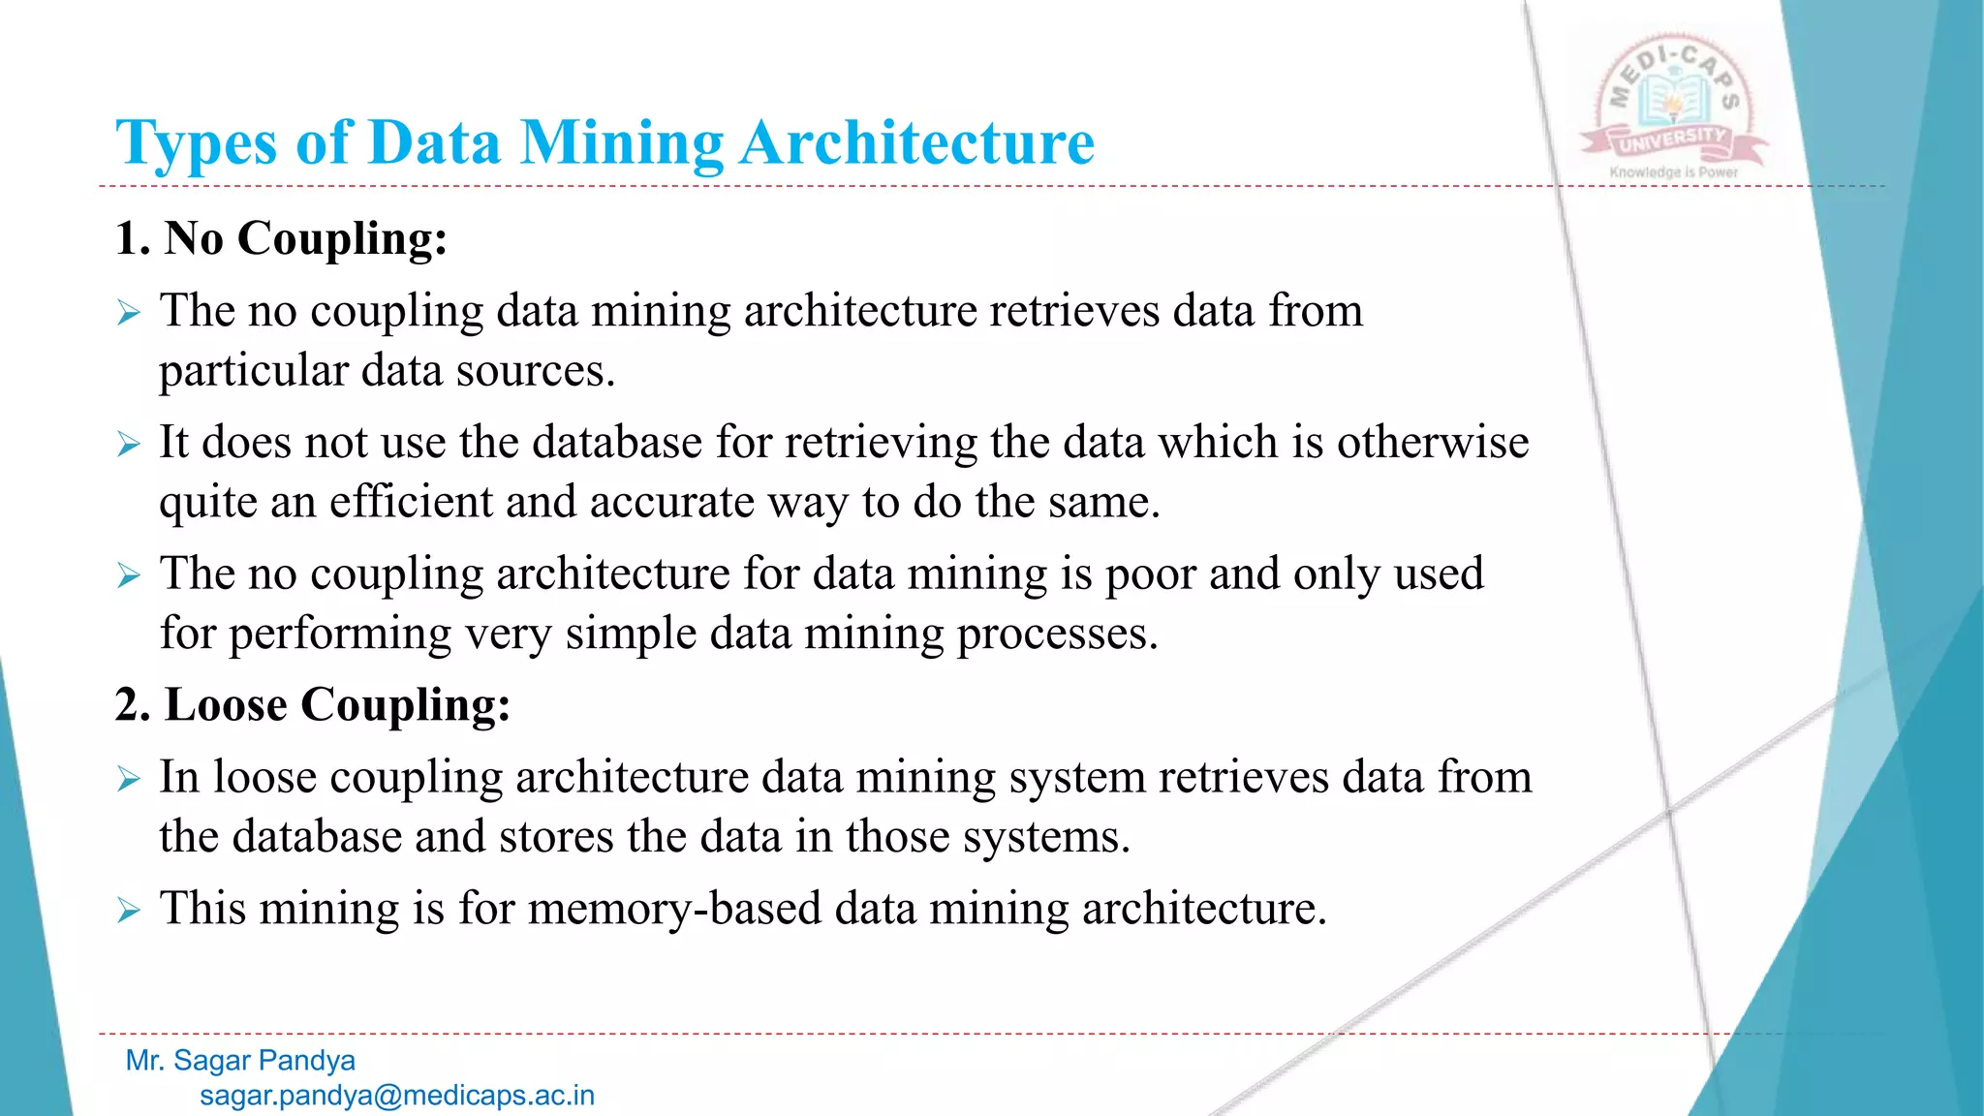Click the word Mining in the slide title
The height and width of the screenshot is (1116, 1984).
coord(622,143)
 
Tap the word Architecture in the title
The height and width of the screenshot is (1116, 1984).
coord(916,143)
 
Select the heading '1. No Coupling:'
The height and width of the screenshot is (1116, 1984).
coord(281,238)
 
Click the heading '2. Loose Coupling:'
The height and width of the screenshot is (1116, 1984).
coord(312,704)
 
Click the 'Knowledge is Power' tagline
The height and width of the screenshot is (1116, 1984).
coord(1673,172)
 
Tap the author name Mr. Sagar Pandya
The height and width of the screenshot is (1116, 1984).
coord(240,1061)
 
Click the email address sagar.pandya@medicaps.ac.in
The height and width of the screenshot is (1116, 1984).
coord(397,1096)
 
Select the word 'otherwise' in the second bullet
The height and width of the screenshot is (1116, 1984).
coord(1433,443)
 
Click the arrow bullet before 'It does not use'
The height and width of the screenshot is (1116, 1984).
coord(129,445)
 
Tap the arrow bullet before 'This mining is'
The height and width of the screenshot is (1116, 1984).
coord(129,911)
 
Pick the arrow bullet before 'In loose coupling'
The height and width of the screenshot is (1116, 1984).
coord(129,779)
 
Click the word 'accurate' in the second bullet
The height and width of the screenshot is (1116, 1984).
coord(672,503)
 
